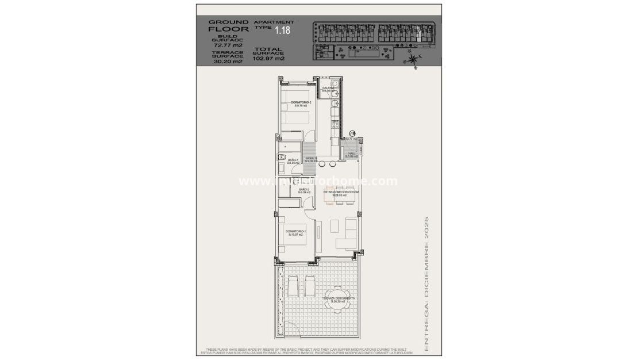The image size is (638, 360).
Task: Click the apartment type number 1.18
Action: click(x=282, y=30)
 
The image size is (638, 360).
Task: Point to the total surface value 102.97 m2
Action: click(x=268, y=58)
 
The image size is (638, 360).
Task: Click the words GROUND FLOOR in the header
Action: click(x=228, y=25)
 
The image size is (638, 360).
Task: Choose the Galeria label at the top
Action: click(x=328, y=89)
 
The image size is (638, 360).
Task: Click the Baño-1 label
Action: click(x=294, y=162)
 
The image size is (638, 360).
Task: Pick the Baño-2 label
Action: click(x=304, y=190)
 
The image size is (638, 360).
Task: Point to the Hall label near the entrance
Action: click(x=352, y=154)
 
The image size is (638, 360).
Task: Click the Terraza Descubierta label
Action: click(x=339, y=300)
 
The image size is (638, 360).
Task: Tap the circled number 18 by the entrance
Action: click(x=352, y=133)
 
